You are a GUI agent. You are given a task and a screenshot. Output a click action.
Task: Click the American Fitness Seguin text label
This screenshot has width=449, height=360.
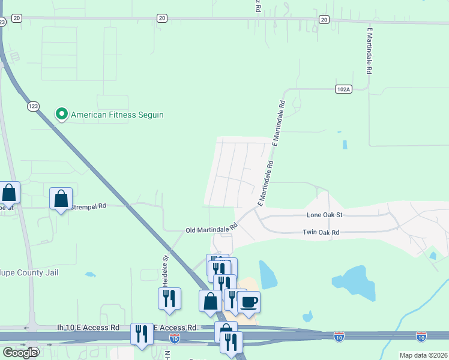117,115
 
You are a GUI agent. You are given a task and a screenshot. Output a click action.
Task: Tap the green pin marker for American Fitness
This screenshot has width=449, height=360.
61,113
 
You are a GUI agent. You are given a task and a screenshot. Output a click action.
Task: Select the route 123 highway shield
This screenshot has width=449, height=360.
33,106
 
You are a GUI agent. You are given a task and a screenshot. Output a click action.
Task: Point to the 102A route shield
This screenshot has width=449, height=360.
343,89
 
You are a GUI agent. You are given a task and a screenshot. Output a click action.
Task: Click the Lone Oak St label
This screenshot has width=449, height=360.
324,215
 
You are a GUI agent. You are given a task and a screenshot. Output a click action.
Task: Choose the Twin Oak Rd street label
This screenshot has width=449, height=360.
321,232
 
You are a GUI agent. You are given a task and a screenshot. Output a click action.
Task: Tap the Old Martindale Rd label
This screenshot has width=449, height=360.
211,229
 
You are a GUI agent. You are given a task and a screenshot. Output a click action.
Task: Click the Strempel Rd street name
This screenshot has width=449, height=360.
89,206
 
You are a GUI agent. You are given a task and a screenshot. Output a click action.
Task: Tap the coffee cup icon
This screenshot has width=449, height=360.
249,301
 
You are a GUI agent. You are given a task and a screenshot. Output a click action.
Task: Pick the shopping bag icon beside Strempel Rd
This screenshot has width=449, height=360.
61,198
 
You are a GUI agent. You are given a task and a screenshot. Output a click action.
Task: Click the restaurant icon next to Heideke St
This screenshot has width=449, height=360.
169,298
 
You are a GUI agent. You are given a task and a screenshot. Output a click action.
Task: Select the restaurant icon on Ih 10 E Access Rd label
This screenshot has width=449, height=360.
142,333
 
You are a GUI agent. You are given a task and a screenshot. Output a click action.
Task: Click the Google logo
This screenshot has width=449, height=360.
20,352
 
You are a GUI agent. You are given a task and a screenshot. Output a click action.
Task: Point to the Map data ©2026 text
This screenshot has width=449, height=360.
423,355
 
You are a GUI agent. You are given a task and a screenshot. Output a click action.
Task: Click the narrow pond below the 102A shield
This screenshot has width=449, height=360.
344,145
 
